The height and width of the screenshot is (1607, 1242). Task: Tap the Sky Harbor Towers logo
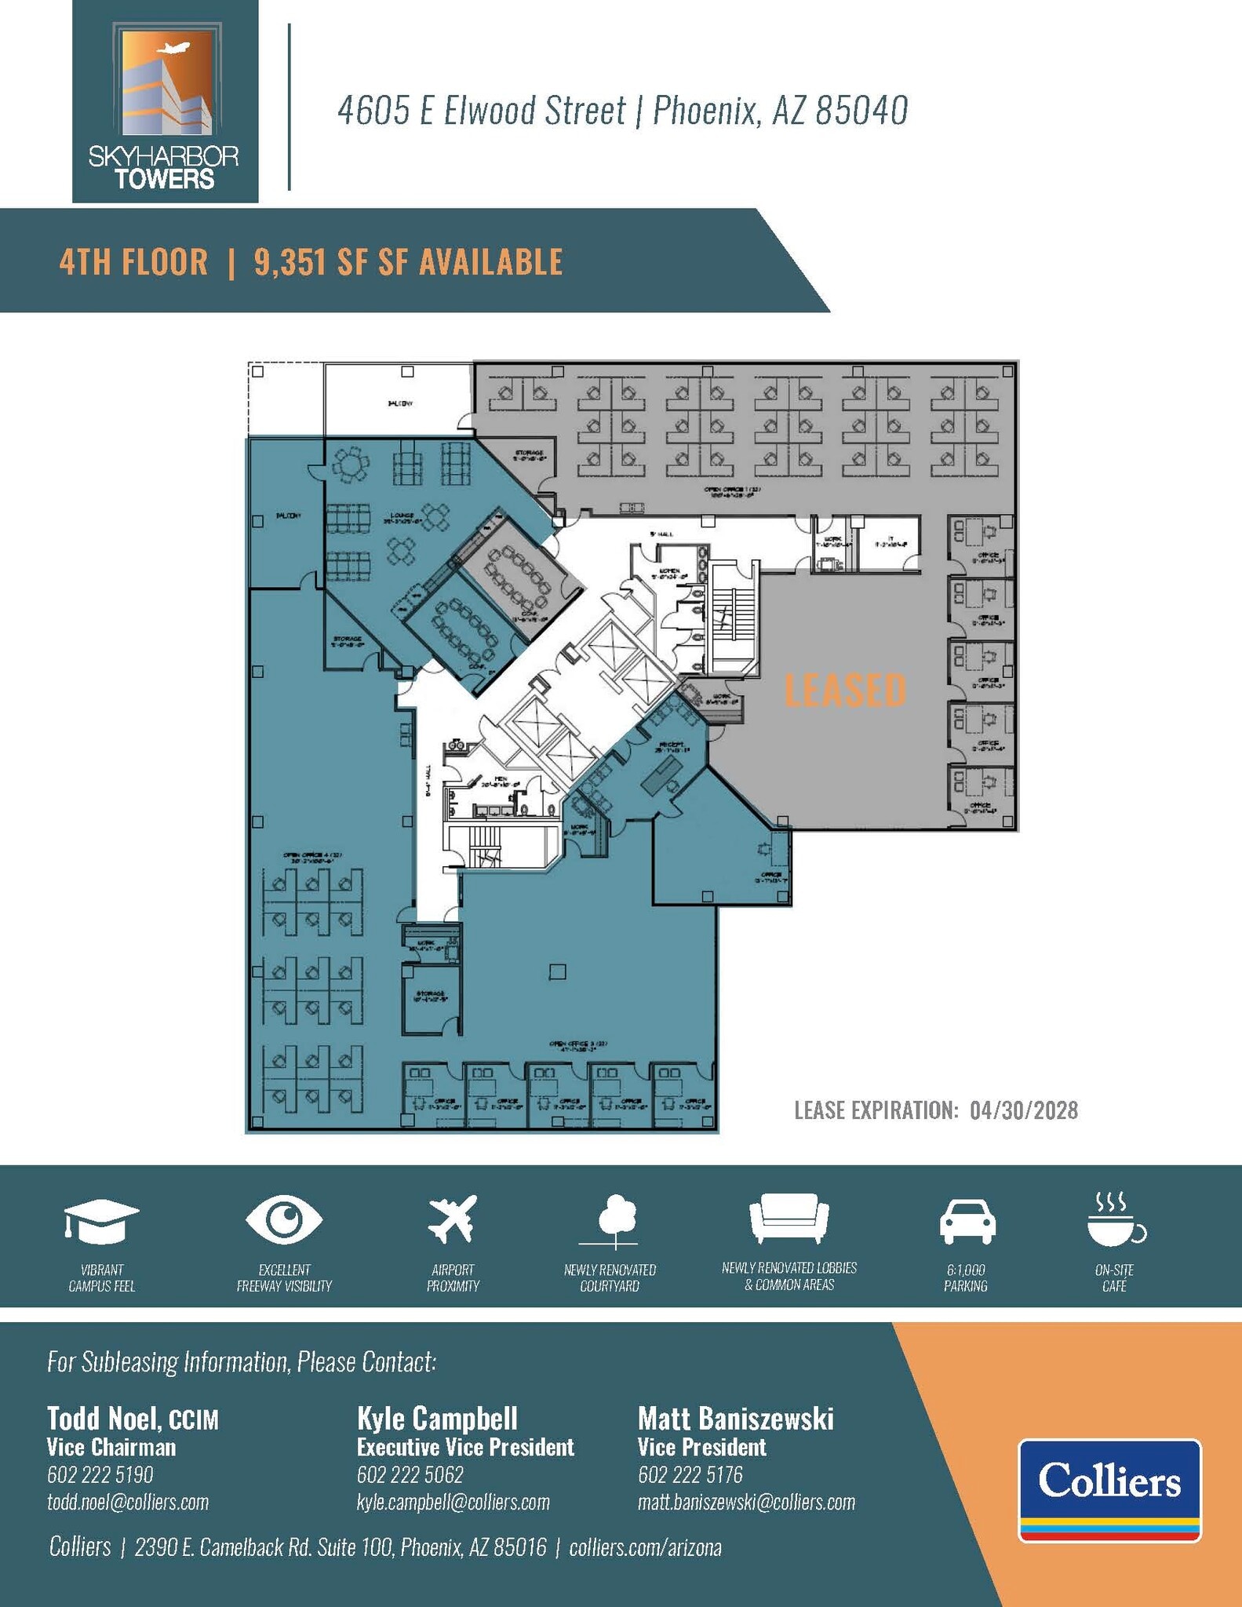[165, 102]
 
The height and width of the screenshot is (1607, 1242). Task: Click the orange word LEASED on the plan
[845, 690]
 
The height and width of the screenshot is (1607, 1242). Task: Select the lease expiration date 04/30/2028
[1023, 1110]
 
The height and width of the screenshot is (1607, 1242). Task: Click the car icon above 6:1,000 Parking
[967, 1221]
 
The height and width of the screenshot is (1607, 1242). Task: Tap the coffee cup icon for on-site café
[1114, 1220]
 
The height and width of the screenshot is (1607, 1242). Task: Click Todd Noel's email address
[128, 1502]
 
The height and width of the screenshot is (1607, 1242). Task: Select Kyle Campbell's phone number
[410, 1474]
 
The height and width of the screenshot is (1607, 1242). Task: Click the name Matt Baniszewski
[735, 1419]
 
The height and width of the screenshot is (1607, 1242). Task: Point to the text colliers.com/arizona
[645, 1547]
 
